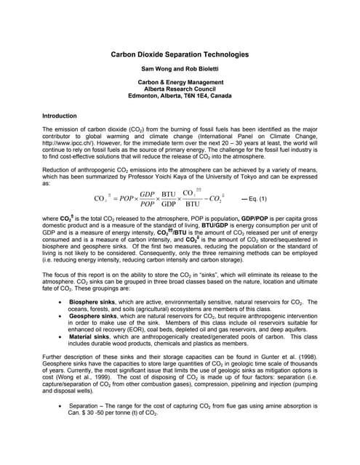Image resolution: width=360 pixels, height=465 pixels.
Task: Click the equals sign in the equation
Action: pos(113,198)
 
